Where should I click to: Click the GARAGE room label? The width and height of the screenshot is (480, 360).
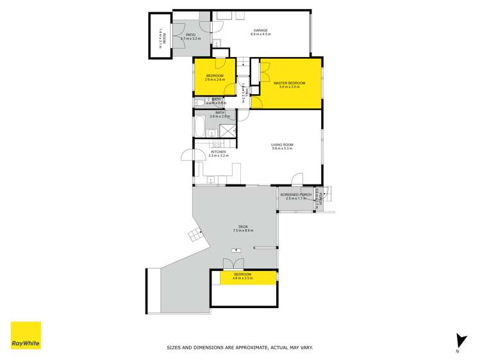coord(260,30)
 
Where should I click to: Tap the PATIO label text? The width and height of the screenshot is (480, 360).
coord(190,35)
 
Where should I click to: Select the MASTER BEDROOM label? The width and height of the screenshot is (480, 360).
coord(289,83)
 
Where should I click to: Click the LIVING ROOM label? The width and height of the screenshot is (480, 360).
coord(282,145)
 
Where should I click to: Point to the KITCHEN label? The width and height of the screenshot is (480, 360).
coord(219,152)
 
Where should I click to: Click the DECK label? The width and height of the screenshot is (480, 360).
coord(243,227)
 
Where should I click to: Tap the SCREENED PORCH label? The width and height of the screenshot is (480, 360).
coord(295,194)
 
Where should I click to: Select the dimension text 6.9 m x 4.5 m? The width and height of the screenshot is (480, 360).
coord(260,34)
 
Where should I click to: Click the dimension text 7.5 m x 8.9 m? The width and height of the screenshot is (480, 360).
coord(243,231)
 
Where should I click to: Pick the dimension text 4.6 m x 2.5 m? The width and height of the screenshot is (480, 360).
coord(244,278)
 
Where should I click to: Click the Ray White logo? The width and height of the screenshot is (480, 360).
coord(26,336)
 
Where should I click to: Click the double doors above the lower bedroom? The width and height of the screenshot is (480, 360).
coord(233,264)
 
